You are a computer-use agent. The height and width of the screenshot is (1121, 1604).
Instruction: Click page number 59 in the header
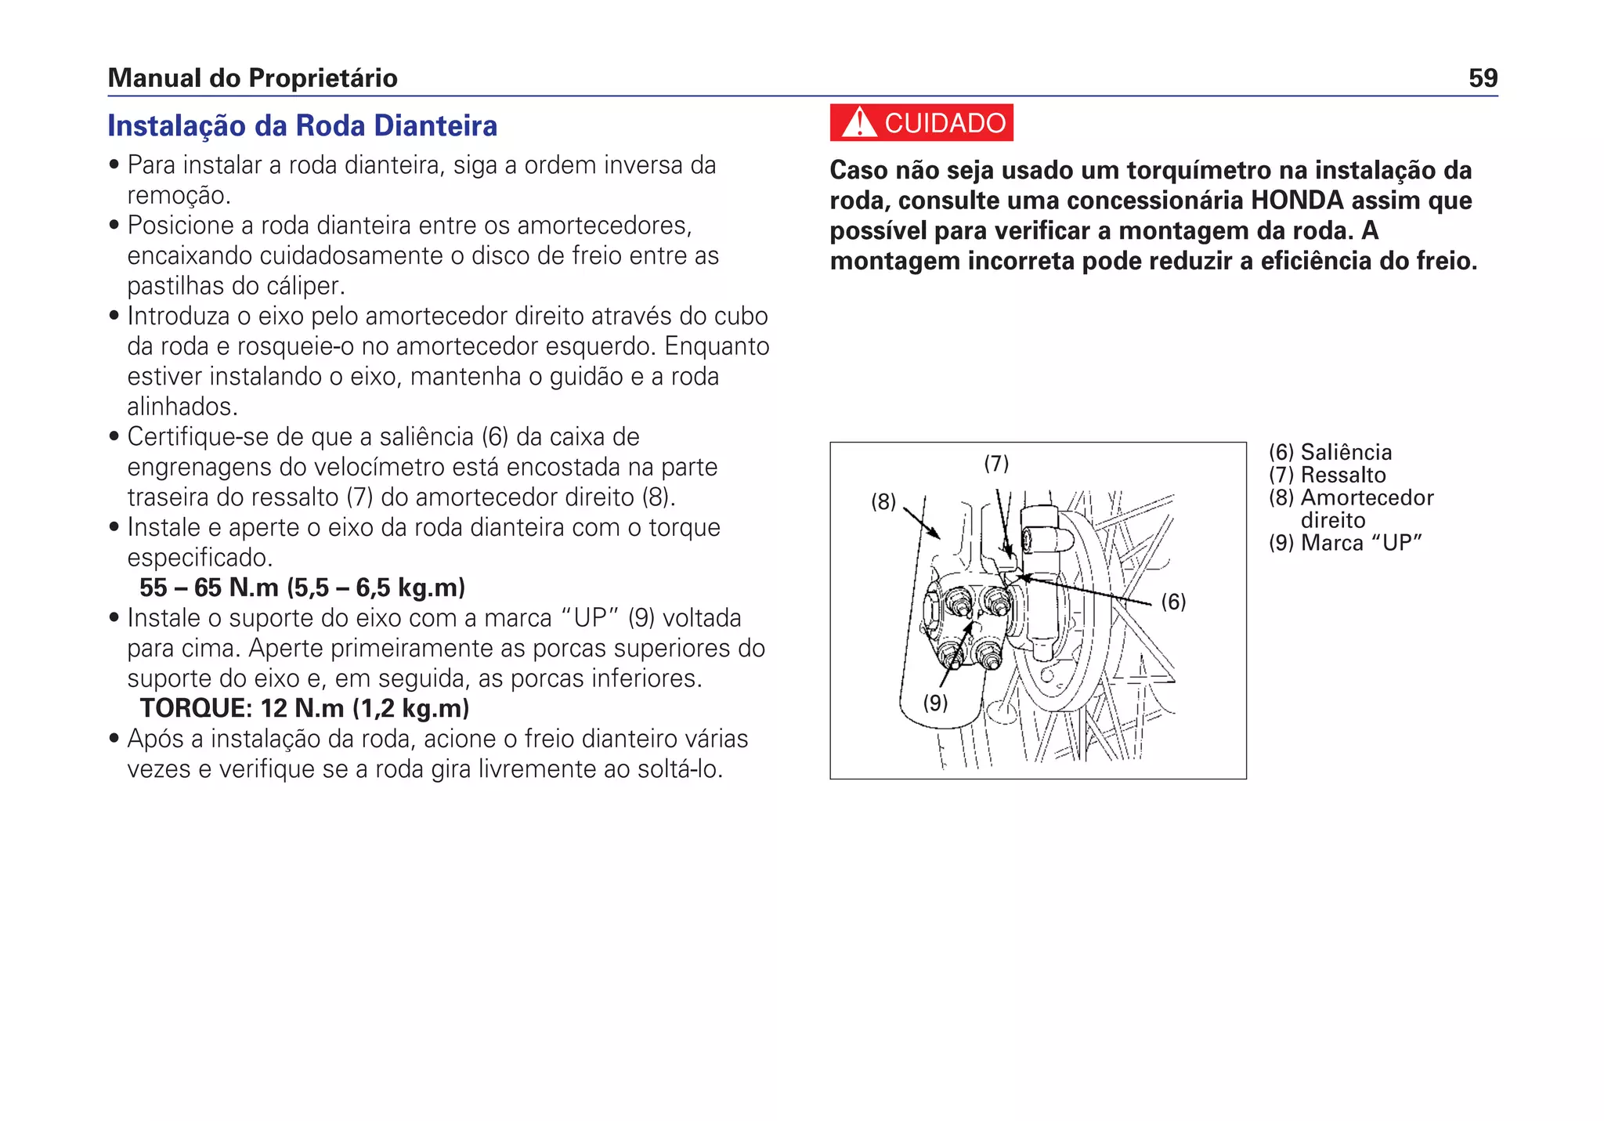point(1483,78)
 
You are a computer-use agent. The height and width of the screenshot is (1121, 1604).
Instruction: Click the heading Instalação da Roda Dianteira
point(302,125)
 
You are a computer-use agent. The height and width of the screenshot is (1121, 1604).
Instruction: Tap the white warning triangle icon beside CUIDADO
point(859,123)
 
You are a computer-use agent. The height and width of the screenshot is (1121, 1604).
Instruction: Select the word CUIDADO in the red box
point(945,123)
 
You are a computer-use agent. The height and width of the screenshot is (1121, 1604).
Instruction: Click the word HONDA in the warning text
point(1297,201)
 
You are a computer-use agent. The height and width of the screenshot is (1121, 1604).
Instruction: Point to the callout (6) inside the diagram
point(1172,602)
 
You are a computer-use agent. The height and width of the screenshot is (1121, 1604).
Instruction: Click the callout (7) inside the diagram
point(996,464)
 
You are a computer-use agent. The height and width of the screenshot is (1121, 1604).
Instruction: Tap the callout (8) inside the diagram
point(883,502)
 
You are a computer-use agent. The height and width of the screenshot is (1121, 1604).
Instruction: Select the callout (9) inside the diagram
point(935,703)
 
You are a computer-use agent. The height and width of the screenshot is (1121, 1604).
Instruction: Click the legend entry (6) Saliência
point(1330,452)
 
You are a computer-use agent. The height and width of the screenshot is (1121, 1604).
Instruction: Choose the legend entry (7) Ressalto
point(1327,475)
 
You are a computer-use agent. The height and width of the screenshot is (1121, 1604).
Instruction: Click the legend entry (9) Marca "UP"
point(1345,543)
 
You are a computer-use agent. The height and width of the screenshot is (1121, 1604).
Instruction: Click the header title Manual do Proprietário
point(252,78)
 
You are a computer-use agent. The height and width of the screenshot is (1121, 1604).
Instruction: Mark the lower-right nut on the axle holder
point(988,655)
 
